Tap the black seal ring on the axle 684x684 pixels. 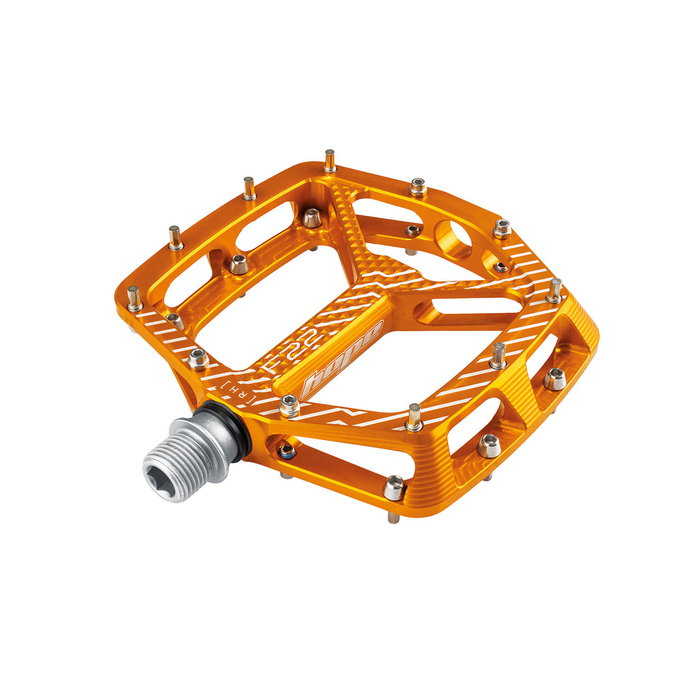tap(241, 432)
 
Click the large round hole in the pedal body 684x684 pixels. tap(453, 241)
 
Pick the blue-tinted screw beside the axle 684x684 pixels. tap(286, 452)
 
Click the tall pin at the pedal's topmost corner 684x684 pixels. tap(330, 161)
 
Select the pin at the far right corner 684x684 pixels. tap(555, 290)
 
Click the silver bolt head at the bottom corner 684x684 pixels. tap(394, 488)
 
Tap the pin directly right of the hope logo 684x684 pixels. tap(414, 417)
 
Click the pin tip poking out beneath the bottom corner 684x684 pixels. tap(394, 517)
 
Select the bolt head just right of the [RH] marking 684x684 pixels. tap(289, 405)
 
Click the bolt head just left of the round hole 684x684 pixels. tap(413, 230)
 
